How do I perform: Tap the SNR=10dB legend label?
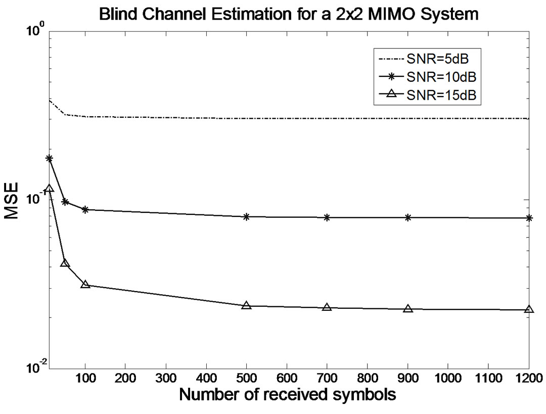click(440, 77)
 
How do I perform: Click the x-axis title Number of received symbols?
click(287, 394)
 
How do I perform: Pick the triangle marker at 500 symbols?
click(246, 305)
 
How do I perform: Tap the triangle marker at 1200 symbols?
click(529, 309)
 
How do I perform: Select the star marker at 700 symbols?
click(327, 217)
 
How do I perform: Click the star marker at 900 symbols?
click(407, 217)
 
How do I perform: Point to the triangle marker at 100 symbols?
click(85, 285)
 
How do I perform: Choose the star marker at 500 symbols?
click(246, 216)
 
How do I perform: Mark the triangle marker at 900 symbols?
click(407, 308)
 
